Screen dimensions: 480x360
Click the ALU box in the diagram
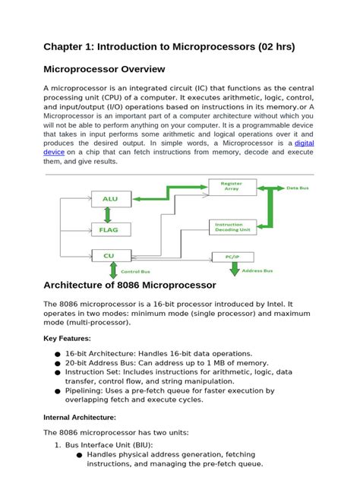point(110,200)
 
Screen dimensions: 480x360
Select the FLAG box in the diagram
point(110,228)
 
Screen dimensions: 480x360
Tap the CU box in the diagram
point(110,256)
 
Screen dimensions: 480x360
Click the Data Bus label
point(297,187)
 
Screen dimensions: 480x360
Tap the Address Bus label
point(279,270)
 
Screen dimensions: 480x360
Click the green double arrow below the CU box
point(113,270)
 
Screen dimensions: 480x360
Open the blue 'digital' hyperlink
point(304,142)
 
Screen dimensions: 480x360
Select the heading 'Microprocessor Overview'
point(115,69)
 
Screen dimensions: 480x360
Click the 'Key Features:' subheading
point(67,338)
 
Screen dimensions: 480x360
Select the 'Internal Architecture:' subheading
point(80,417)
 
